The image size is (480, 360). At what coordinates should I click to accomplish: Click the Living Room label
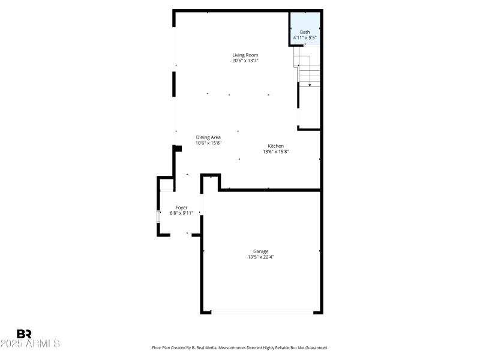click(x=245, y=55)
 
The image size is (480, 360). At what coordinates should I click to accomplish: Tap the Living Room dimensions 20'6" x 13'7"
click(x=245, y=61)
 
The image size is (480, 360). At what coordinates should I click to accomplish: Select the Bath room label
click(x=305, y=32)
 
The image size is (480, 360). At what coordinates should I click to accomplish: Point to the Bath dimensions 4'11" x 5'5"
click(x=305, y=38)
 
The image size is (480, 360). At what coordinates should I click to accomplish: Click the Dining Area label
click(x=208, y=137)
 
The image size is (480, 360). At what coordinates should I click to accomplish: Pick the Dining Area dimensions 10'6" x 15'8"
click(x=208, y=143)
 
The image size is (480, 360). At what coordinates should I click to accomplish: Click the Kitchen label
click(x=275, y=146)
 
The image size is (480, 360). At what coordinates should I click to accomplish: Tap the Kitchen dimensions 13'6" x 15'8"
click(x=275, y=152)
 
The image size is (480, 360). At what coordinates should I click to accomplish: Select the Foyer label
click(x=181, y=208)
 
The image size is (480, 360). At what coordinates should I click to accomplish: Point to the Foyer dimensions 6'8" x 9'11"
click(x=181, y=213)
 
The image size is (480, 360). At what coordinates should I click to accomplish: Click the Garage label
click(x=260, y=251)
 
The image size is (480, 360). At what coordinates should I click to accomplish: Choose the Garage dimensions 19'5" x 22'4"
click(x=260, y=257)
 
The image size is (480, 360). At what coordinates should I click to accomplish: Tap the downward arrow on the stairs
click(x=310, y=85)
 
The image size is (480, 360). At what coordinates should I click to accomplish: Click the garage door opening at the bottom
click(x=262, y=311)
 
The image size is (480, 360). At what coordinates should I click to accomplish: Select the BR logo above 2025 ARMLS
click(x=25, y=334)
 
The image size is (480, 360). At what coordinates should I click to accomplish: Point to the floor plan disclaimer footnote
click(x=240, y=348)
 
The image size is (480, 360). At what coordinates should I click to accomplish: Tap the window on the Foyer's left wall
click(x=158, y=217)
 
